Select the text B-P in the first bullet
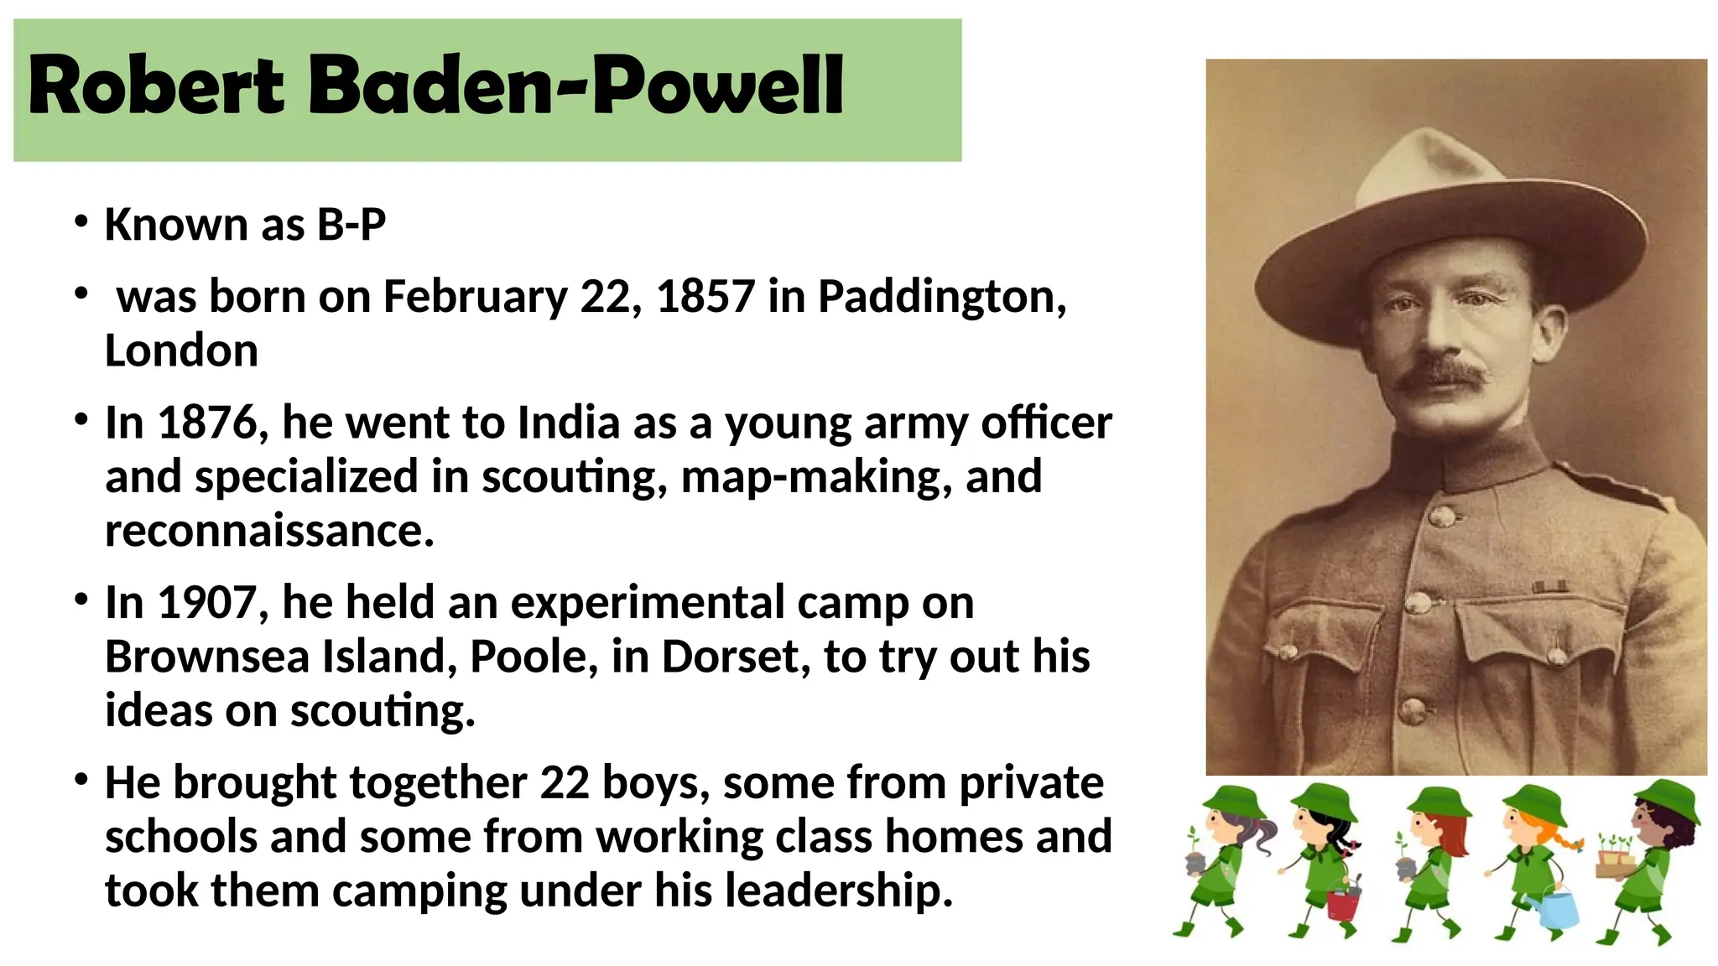(x=351, y=225)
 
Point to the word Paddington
(x=941, y=297)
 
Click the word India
(x=568, y=423)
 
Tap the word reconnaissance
(x=268, y=531)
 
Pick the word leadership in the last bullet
(x=839, y=891)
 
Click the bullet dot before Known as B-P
(x=81, y=222)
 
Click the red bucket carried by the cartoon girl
(x=1342, y=904)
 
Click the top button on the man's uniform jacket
(x=1442, y=515)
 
